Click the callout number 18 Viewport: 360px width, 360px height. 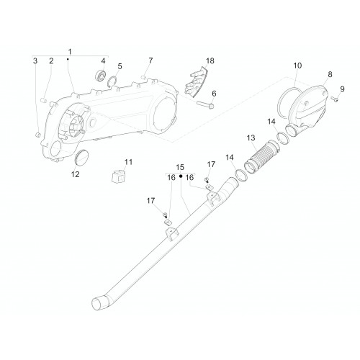(x=210, y=60)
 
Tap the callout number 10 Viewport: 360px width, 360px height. (x=297, y=66)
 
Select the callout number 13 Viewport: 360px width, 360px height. (x=251, y=138)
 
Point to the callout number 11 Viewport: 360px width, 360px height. (x=128, y=162)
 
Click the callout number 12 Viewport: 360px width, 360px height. (x=75, y=174)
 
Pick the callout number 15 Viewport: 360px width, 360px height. (x=180, y=167)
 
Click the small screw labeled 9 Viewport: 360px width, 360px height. (x=335, y=99)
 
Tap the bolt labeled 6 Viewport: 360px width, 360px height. (x=205, y=104)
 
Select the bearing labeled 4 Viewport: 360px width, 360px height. (x=101, y=76)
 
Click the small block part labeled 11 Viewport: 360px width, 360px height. (x=118, y=176)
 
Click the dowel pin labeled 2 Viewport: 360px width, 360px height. (x=44, y=100)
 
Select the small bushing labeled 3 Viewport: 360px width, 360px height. (x=37, y=135)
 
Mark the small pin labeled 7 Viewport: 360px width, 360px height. (x=144, y=77)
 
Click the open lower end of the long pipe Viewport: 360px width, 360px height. (x=99, y=304)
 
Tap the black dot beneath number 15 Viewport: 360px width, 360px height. (x=181, y=176)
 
